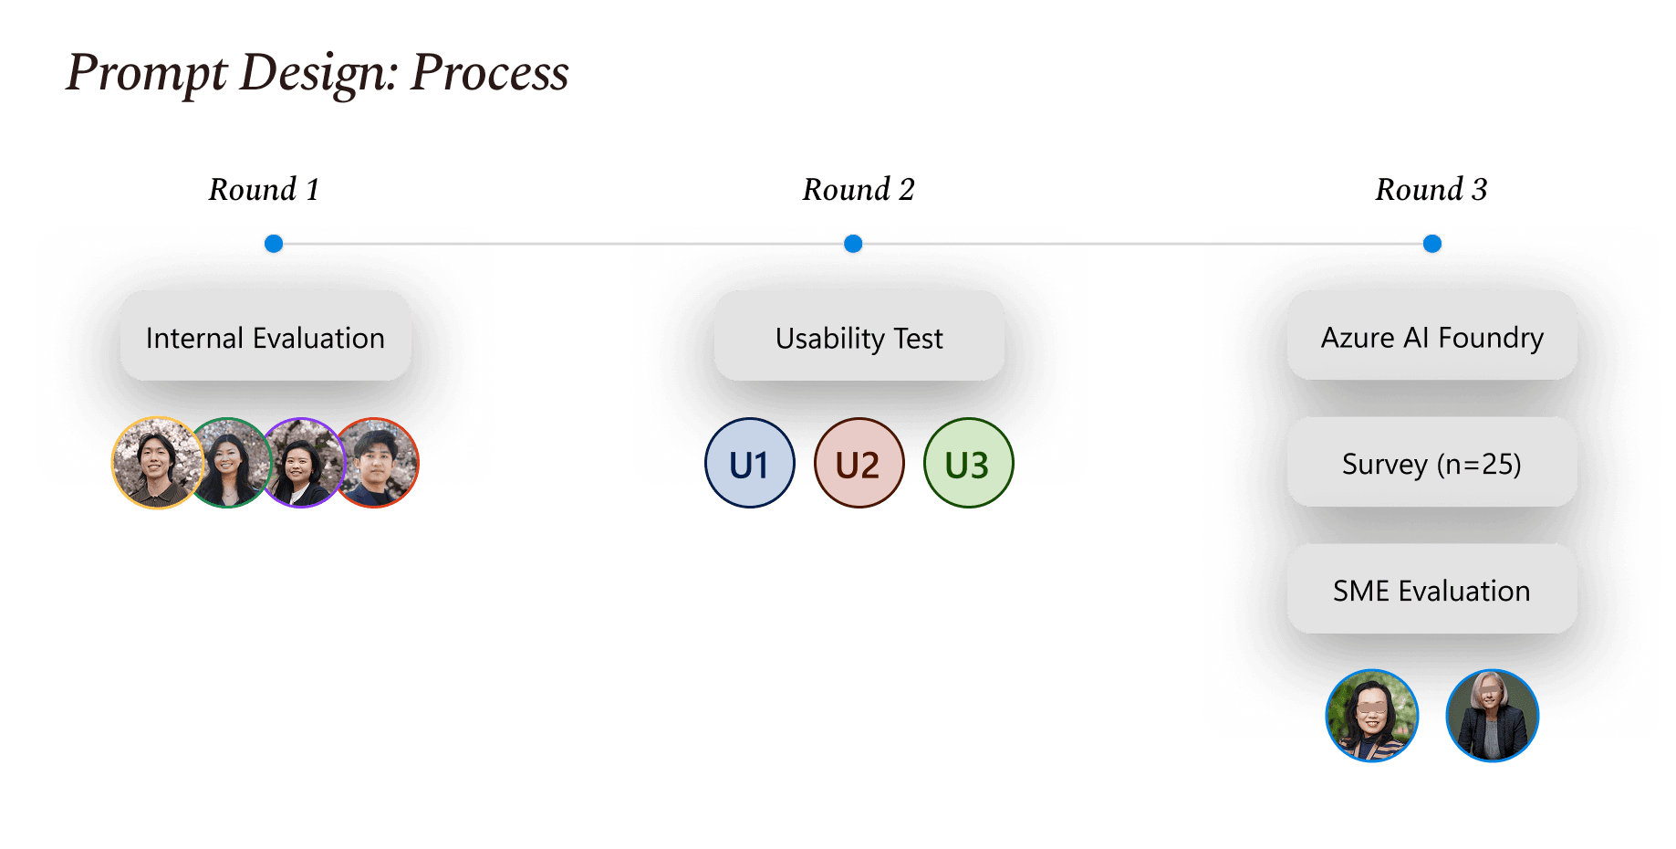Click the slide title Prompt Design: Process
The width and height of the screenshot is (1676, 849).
point(318,73)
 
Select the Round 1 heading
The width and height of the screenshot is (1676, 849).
point(264,190)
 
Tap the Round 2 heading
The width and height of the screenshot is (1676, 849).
point(858,190)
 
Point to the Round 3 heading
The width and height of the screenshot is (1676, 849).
point(1431,190)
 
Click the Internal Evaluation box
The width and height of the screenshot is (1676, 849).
point(265,336)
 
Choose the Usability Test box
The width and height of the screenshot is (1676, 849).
point(859,336)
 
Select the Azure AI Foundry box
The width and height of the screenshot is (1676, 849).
point(1431,336)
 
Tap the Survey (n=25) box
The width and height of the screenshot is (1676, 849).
point(1431,462)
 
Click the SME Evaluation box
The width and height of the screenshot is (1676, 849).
point(1431,589)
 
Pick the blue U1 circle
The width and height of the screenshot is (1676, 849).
point(749,464)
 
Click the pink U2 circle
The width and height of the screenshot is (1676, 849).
point(858,464)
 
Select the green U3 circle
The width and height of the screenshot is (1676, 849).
point(967,464)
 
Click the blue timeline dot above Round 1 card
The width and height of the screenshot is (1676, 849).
point(273,244)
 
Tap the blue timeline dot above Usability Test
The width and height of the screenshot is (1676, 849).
point(853,244)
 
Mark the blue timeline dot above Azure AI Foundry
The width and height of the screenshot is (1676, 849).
point(1432,244)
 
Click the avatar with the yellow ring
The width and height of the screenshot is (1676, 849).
point(157,462)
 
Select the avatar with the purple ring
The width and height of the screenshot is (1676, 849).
point(303,462)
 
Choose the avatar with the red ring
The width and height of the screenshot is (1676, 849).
point(378,462)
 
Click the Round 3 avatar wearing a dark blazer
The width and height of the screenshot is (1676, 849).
point(1492,715)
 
